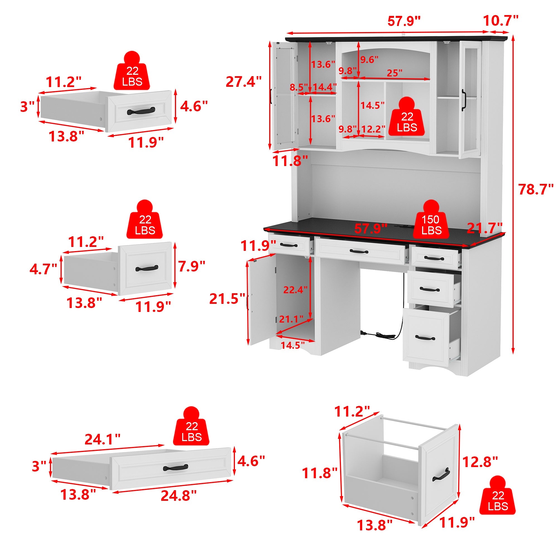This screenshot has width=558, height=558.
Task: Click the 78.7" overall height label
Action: click(x=536, y=189)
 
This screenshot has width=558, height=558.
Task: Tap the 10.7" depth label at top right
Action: click(x=501, y=21)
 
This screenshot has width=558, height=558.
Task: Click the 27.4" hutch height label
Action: click(x=244, y=82)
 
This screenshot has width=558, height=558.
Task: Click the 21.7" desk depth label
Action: click(x=485, y=228)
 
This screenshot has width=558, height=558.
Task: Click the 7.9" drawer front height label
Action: click(x=191, y=266)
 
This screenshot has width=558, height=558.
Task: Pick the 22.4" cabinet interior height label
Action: click(x=295, y=289)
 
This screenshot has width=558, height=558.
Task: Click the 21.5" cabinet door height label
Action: click(x=227, y=299)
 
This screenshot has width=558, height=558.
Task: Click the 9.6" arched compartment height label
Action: click(x=369, y=59)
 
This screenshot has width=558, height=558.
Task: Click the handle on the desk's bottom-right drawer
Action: click(x=425, y=338)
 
